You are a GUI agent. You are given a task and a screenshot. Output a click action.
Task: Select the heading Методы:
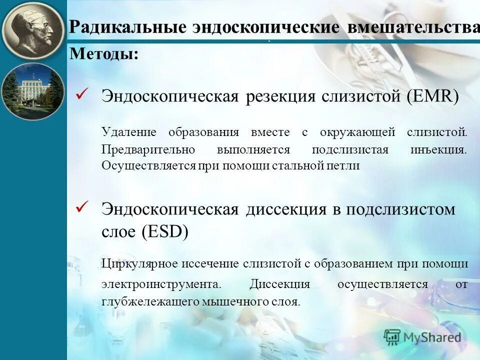click(x=104, y=53)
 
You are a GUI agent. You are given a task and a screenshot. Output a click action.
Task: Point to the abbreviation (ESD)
click(x=164, y=231)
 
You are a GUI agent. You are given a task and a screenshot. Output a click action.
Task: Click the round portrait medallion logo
click(x=33, y=31)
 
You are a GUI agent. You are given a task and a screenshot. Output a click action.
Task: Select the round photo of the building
click(x=33, y=91)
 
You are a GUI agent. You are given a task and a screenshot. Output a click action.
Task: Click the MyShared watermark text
click(x=432, y=337)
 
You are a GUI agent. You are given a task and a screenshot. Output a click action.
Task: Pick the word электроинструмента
click(x=160, y=284)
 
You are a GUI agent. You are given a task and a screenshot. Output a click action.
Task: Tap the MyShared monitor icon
click(x=392, y=337)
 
